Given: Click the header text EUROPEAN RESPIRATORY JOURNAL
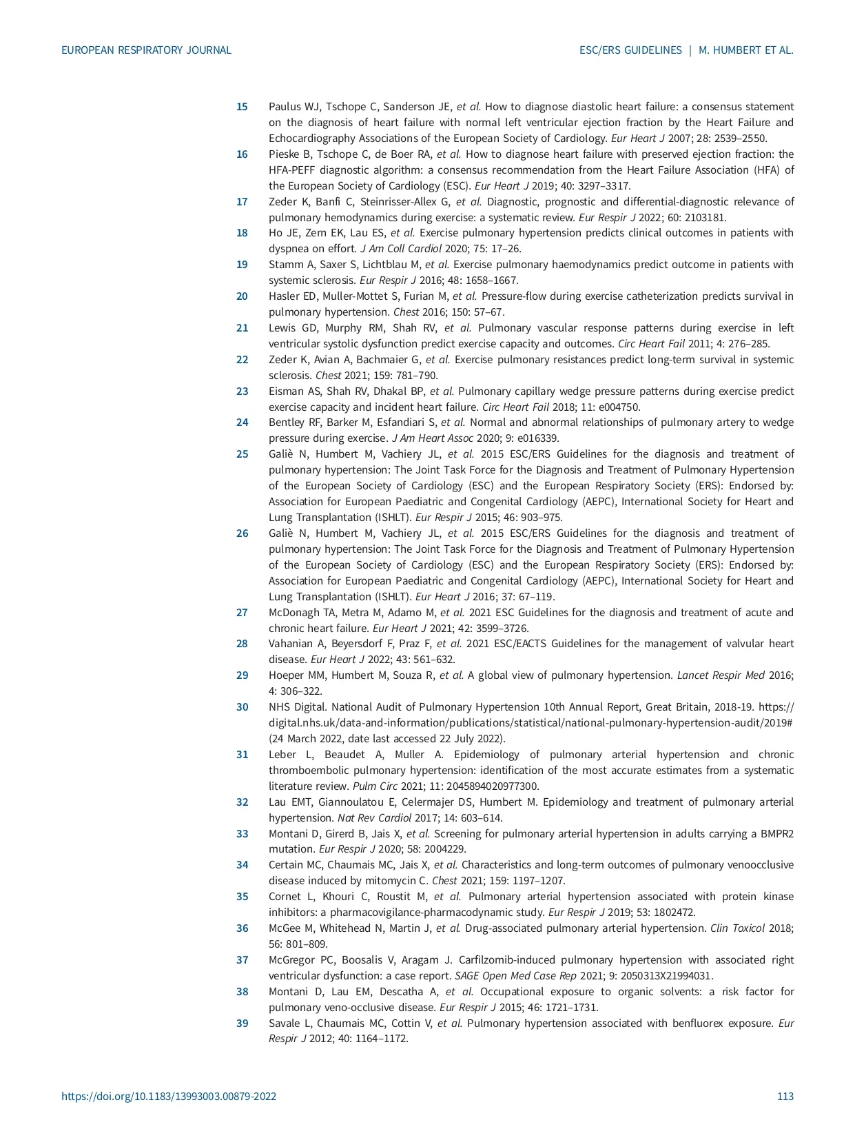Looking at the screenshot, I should (146, 50).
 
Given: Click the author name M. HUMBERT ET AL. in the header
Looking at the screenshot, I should (746, 50).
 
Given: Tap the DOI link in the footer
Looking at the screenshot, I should (169, 1096).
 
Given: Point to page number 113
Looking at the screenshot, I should (785, 1096).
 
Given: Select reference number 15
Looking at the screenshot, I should (242, 107).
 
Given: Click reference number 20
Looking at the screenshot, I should (242, 296).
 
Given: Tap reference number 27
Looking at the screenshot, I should (242, 613).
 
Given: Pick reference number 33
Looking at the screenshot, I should (242, 834).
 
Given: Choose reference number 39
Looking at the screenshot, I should (242, 1024).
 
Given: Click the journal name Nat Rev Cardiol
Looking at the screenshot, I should (374, 818).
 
